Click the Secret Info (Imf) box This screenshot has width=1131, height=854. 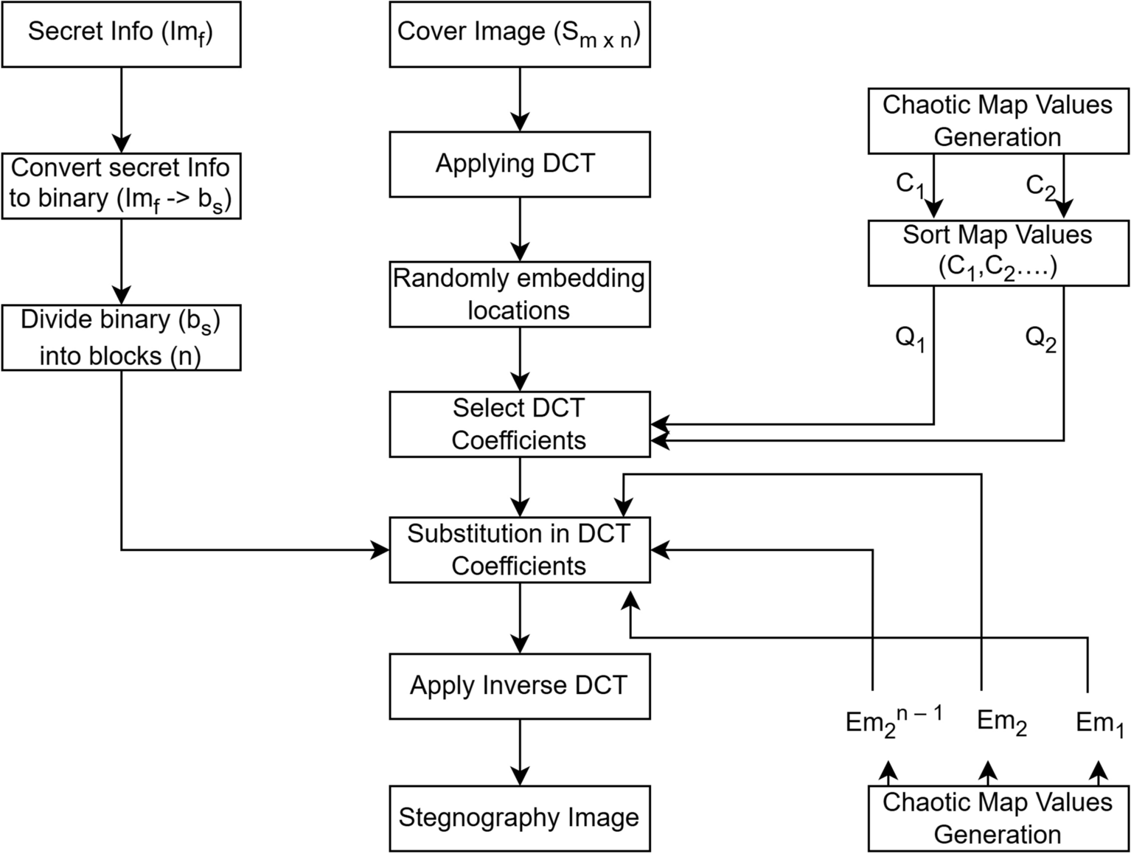coord(121,34)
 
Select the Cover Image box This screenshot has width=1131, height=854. coord(520,34)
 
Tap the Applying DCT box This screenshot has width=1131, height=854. coord(520,164)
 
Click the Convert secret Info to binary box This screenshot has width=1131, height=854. coord(121,185)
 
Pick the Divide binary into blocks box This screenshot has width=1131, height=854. coord(121,338)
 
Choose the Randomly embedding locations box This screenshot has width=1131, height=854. coord(520,294)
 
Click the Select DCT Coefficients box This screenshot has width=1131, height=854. coord(520,424)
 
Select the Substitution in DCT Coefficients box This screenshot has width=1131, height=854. coord(520,550)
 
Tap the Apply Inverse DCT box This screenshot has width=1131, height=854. coord(520,686)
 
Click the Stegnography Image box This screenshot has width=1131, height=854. coord(520,818)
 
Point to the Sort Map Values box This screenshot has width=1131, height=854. coord(998,253)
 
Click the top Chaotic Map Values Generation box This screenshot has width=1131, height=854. coord(998,121)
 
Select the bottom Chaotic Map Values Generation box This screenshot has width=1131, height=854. coord(998,819)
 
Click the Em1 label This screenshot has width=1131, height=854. coord(1099,723)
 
